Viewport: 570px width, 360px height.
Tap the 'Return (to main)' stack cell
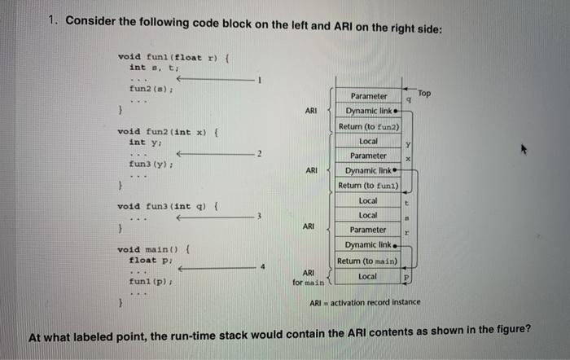click(366, 261)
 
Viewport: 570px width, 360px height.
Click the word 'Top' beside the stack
click(424, 94)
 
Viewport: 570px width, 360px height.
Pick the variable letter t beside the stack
click(406, 201)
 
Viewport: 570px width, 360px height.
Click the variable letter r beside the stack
click(406, 231)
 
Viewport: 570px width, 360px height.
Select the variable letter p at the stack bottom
click(406, 277)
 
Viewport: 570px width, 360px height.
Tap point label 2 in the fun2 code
click(258, 153)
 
